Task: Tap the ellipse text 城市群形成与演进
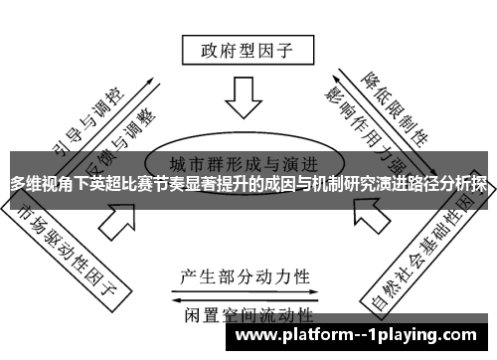point(244,162)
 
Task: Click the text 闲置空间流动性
point(245,317)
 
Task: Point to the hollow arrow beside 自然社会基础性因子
point(368,213)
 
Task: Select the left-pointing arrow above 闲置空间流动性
point(245,300)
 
